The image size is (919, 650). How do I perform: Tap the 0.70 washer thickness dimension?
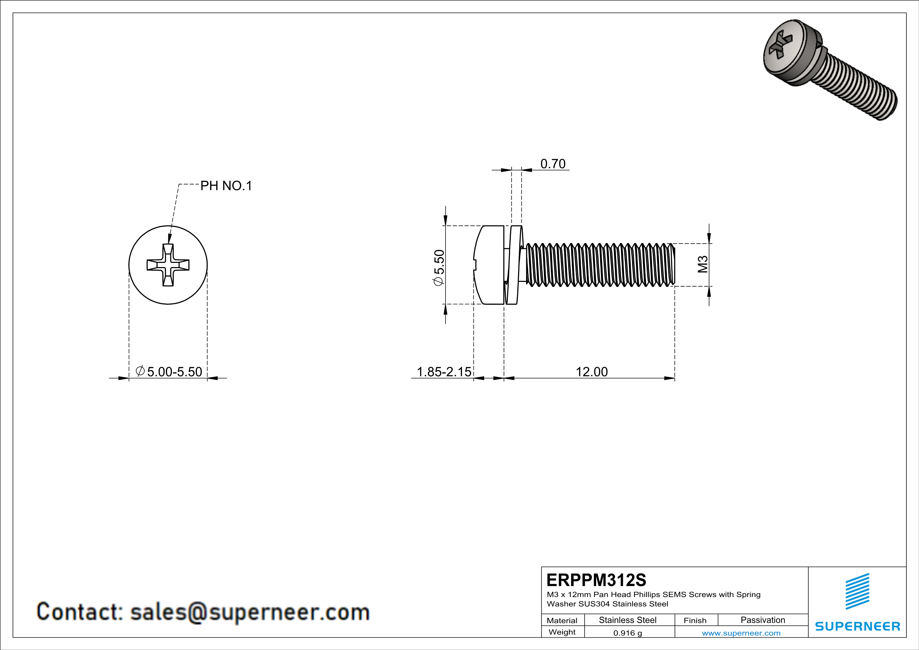coord(553,164)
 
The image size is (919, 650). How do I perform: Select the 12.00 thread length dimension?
coord(592,372)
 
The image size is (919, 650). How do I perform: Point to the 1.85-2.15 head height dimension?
coord(444,372)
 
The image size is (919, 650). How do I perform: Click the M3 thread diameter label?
coord(703,264)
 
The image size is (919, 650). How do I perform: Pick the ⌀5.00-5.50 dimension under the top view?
coord(169,372)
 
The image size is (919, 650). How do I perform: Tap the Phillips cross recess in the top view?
coord(168,265)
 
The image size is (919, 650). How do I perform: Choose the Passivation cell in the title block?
coord(763,620)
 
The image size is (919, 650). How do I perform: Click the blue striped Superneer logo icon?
coord(857,592)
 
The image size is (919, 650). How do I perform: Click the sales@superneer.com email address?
coord(250,612)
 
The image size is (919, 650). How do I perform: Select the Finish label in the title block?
coord(695,620)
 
